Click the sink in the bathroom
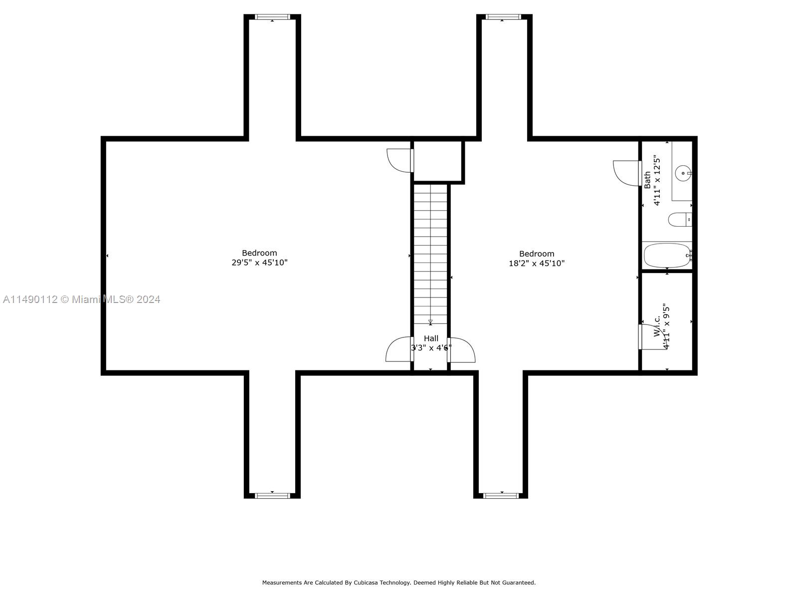pyautogui.click(x=682, y=174)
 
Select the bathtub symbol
pyautogui.click(x=667, y=256)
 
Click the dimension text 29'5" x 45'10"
pyautogui.click(x=259, y=263)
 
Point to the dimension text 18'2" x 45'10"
pyautogui.click(x=537, y=264)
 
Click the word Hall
pyautogui.click(x=431, y=338)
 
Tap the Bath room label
pyautogui.click(x=647, y=180)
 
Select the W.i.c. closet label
pyautogui.click(x=657, y=326)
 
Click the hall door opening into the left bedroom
pyautogui.click(x=399, y=350)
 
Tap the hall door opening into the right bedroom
pyautogui.click(x=462, y=350)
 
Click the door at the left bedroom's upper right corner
pyautogui.click(x=400, y=160)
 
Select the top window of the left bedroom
pyautogui.click(x=272, y=17)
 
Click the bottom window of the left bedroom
pyautogui.click(x=272, y=496)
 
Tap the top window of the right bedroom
pyautogui.click(x=503, y=17)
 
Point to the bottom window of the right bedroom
pyautogui.click(x=501, y=496)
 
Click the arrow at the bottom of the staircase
pyautogui.click(x=430, y=322)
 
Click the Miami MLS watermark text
pyautogui.click(x=81, y=299)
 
